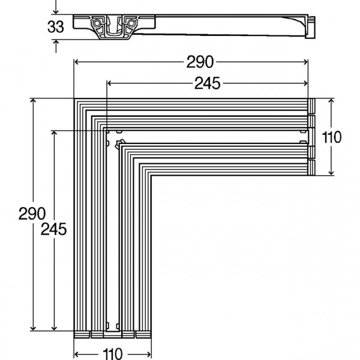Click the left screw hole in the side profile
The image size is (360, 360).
(x=95, y=23)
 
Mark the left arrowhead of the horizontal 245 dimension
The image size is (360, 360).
(x=108, y=83)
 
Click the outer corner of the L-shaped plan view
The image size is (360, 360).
(x=75, y=99)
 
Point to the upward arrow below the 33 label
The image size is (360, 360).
(x=56, y=43)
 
